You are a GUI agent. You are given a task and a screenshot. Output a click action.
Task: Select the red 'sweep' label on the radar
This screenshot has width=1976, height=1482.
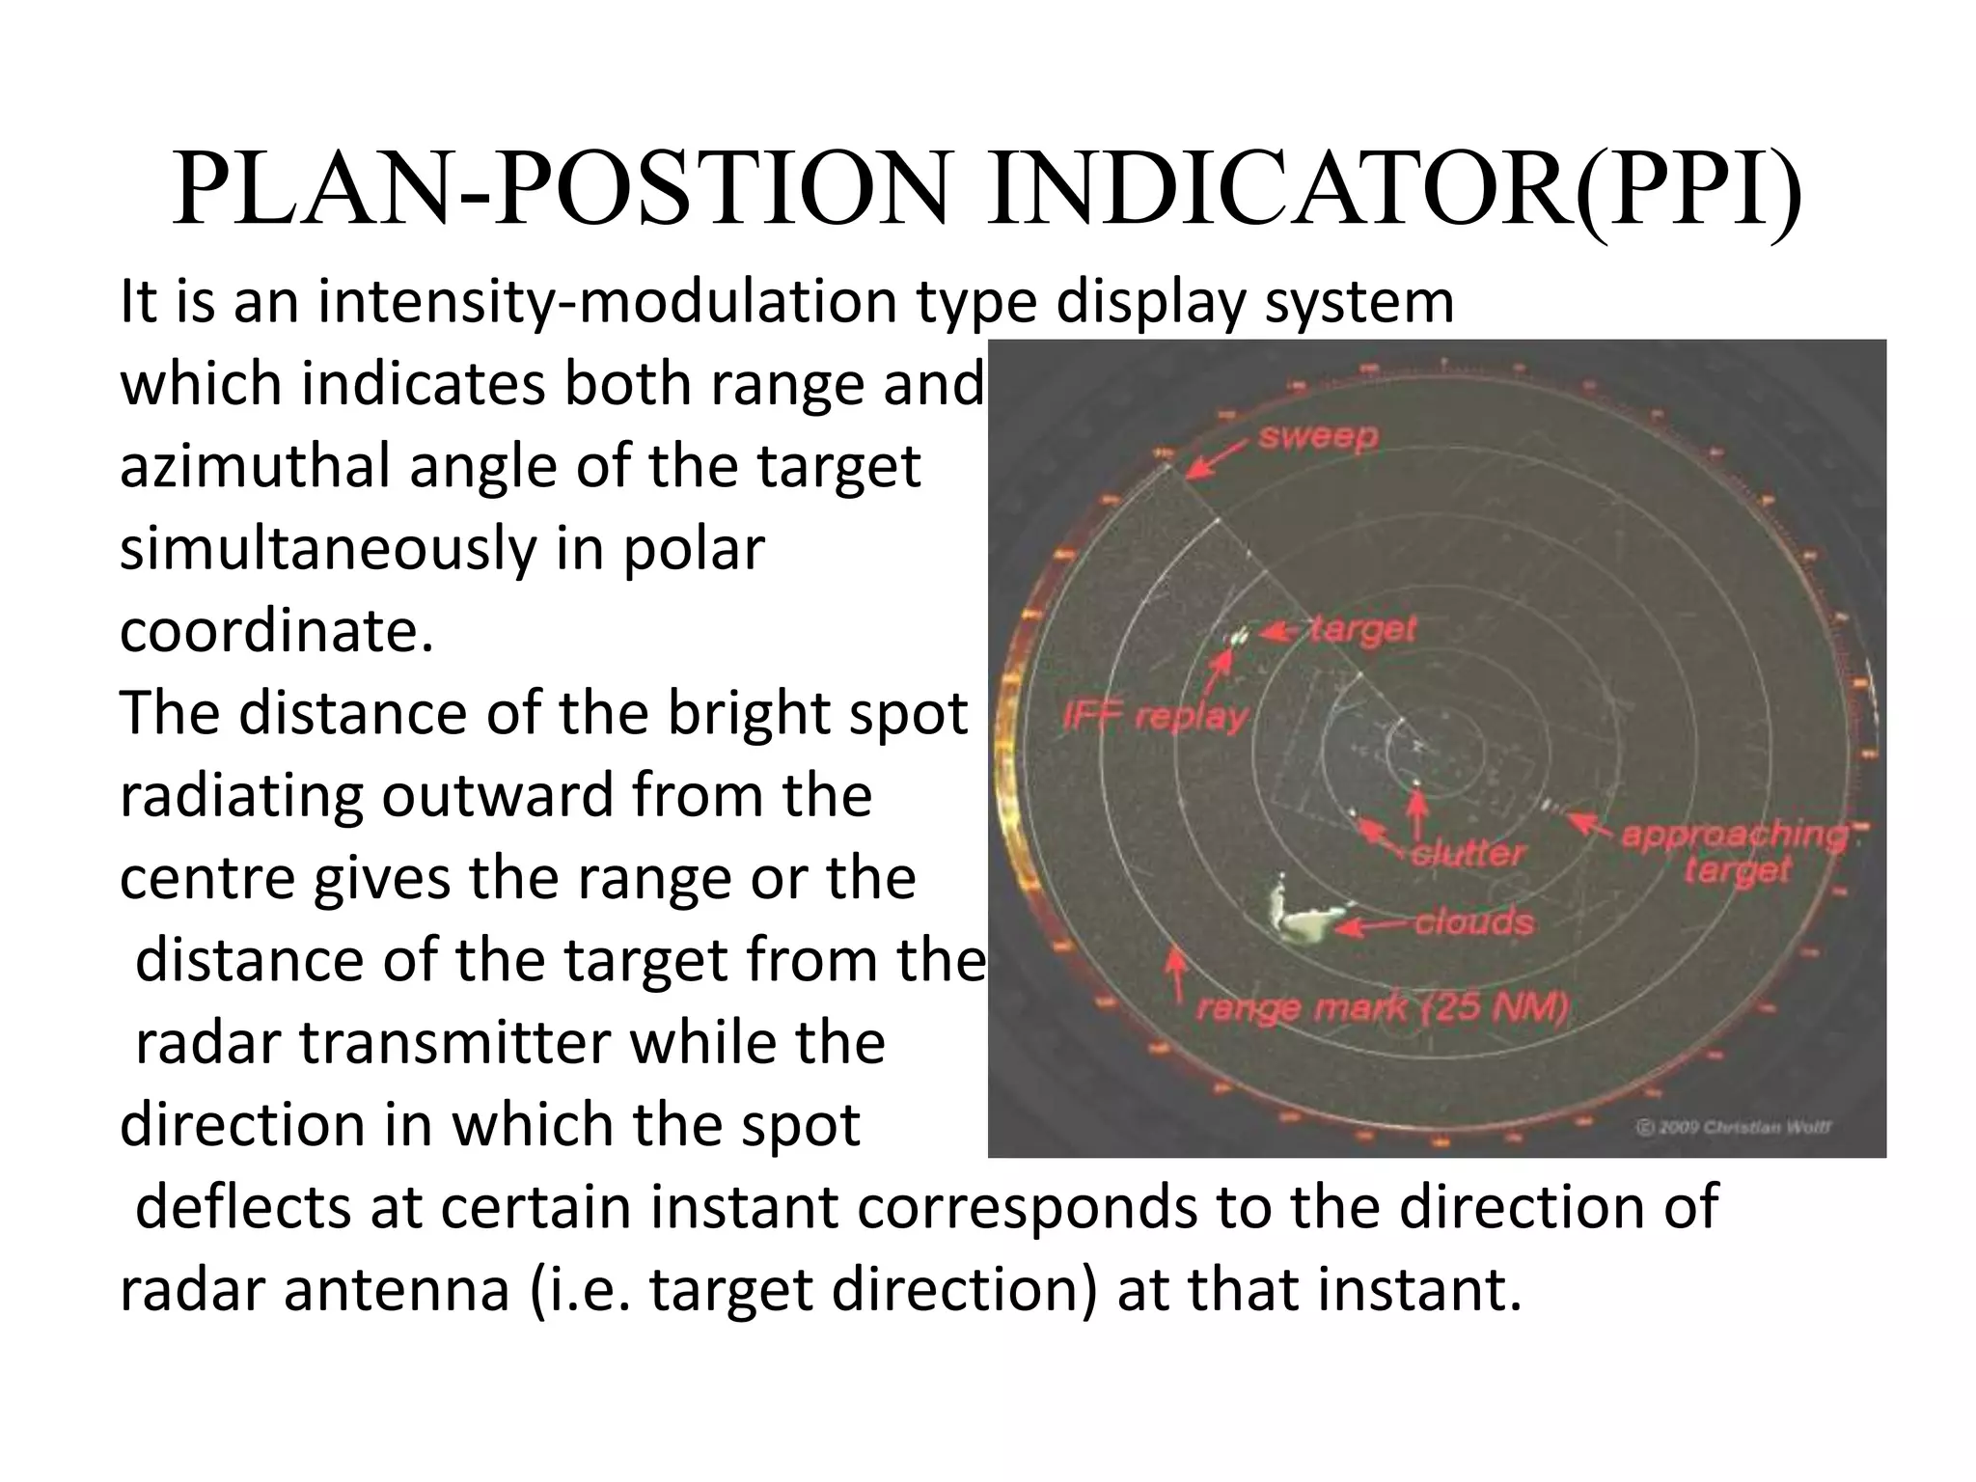1318,438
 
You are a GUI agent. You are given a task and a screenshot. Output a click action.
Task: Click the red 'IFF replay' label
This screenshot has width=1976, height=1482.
1155,717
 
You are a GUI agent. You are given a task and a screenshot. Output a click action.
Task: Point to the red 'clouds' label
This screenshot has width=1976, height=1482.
1473,921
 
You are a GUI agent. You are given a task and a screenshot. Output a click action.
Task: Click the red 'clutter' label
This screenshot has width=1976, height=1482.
1467,853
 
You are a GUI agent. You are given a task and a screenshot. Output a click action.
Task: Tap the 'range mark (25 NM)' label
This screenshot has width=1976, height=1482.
1382,1008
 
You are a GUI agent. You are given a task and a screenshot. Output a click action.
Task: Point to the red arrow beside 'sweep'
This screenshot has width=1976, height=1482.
1218,459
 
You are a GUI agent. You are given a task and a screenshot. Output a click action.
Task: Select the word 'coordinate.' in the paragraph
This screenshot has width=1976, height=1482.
277,632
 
